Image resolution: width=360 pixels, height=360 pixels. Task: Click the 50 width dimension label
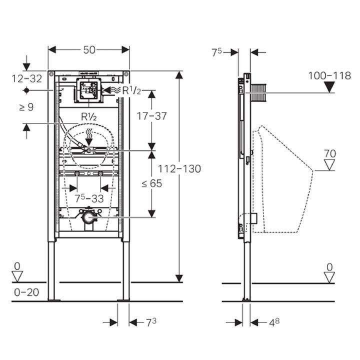pos(89,50)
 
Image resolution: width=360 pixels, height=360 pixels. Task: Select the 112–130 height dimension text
pos(179,169)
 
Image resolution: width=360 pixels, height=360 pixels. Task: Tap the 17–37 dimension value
pos(151,116)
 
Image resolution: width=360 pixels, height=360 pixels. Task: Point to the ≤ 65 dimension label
pos(152,183)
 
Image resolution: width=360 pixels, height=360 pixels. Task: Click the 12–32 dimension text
pos(27,79)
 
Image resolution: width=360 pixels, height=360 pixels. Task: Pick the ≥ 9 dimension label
pos(26,107)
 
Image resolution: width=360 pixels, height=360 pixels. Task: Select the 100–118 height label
pos(329,76)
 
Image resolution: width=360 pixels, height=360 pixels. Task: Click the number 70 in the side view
pos(329,153)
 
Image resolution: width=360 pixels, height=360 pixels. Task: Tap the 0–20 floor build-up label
pos(26,292)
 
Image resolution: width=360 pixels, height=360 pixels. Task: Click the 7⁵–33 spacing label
pos(89,198)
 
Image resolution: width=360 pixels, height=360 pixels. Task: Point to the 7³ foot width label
pos(151,322)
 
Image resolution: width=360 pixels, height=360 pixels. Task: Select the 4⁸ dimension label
pos(274,322)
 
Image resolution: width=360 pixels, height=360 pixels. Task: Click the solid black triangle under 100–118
pos(329,87)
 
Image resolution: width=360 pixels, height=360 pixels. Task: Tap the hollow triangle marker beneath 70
pos(329,165)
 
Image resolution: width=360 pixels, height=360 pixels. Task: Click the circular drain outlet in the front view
pos(88,217)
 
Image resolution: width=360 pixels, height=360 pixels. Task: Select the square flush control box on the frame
pos(88,90)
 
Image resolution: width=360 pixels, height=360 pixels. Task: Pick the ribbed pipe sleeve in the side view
pos(258,93)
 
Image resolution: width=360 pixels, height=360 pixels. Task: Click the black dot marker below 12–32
pos(26,90)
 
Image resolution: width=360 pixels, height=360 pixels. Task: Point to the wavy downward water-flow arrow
pos(89,136)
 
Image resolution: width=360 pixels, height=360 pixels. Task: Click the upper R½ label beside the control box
pos(131,90)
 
